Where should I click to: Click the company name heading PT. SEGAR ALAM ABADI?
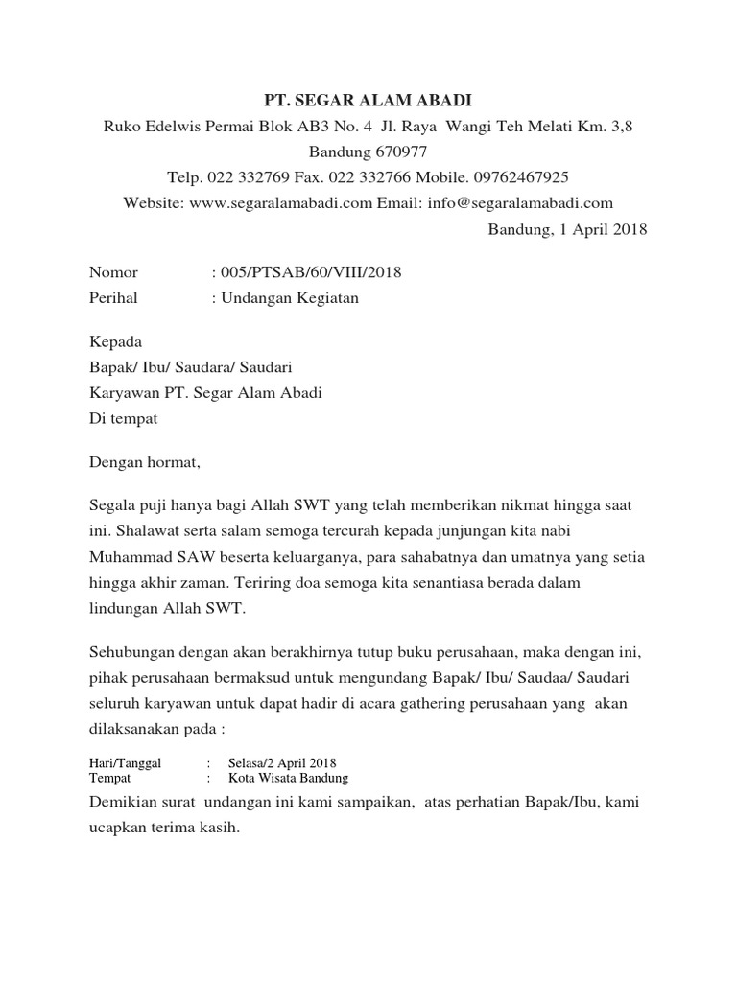click(368, 101)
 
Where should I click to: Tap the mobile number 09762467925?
click(522, 177)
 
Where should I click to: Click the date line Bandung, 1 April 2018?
click(567, 229)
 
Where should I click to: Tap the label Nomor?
click(113, 273)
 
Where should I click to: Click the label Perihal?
click(113, 298)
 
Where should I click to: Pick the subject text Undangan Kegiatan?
click(290, 298)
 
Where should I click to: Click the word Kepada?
click(115, 342)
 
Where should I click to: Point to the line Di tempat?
click(124, 419)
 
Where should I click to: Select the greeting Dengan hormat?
click(145, 463)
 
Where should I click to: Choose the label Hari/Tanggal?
click(125, 763)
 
